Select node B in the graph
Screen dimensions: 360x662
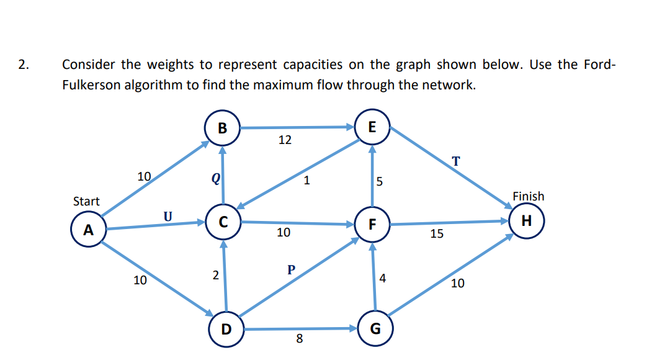point(222,128)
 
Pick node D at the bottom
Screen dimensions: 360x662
point(226,328)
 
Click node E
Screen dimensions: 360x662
point(372,127)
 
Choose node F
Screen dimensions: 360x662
point(372,224)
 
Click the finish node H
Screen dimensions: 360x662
point(526,220)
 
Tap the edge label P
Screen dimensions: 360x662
point(290,269)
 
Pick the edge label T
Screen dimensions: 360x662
point(456,161)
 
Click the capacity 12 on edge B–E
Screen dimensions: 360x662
point(284,140)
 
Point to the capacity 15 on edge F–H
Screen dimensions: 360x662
point(436,234)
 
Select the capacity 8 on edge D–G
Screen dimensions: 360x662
point(299,339)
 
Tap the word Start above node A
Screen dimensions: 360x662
point(86,201)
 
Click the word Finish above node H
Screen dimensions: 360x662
point(528,196)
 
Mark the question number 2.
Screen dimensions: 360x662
point(22,65)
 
